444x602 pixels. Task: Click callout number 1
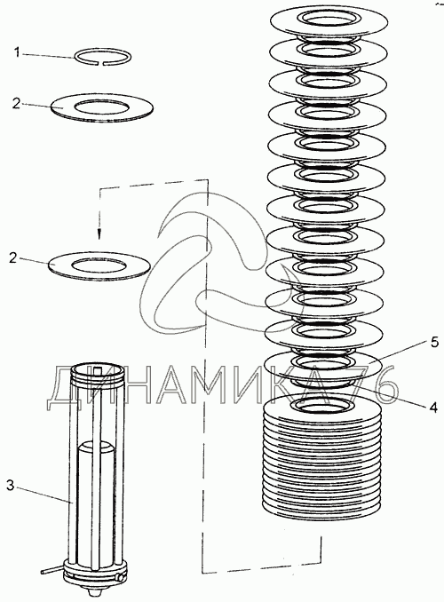tap(17, 51)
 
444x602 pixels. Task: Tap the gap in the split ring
tap(104, 64)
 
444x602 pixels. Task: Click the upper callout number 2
tap(15, 103)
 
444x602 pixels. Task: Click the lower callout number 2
tap(13, 257)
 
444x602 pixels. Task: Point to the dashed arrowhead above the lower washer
tap(99, 234)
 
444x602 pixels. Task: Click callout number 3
tap(11, 485)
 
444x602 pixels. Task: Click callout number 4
tap(433, 407)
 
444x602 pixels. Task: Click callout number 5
tap(434, 342)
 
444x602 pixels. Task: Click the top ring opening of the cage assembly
tap(99, 369)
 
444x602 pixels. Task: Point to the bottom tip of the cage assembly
tap(92, 594)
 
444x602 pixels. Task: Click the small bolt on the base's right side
tap(120, 577)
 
